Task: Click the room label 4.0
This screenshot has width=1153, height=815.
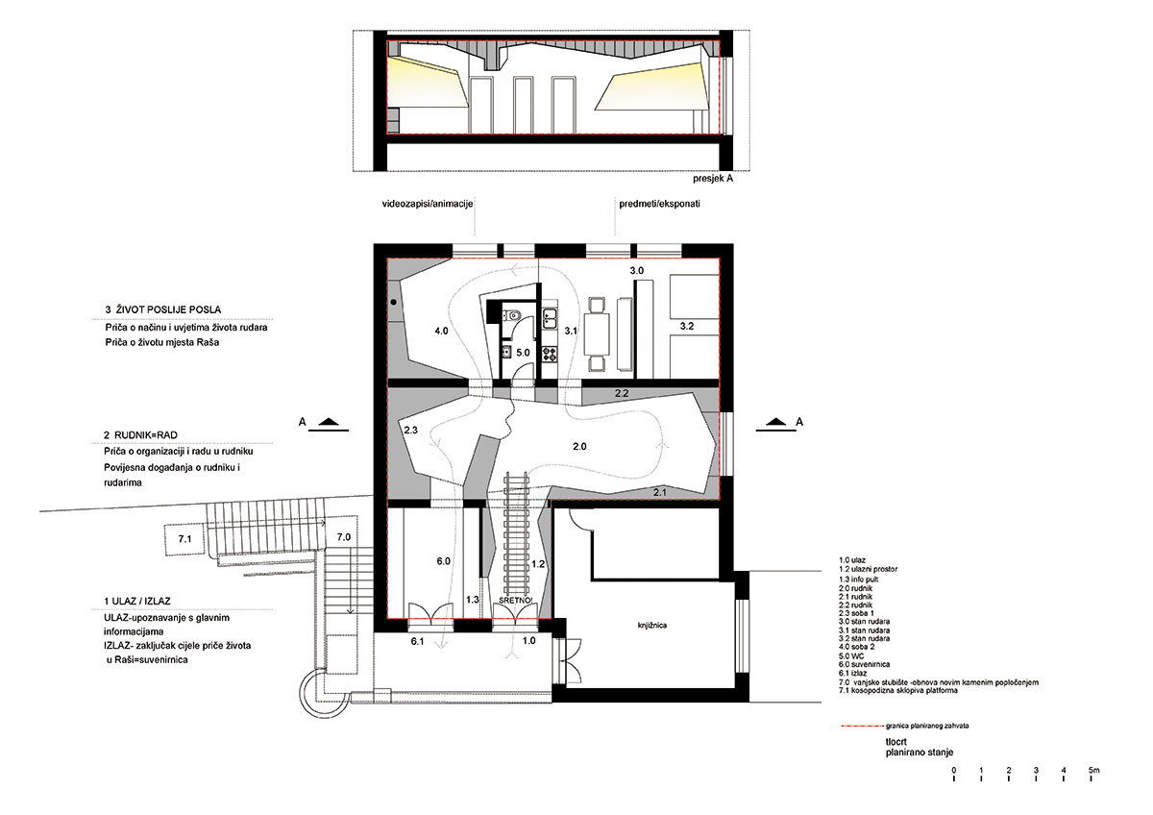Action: [441, 331]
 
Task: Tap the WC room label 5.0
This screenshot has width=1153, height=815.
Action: [523, 353]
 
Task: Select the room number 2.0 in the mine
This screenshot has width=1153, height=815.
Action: [579, 446]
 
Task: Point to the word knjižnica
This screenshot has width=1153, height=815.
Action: [652, 625]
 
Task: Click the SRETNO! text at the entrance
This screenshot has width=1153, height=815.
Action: [515, 601]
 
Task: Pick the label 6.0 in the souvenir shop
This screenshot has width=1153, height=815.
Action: [444, 561]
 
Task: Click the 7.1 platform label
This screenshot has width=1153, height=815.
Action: [184, 539]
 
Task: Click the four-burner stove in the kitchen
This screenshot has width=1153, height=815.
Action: [550, 353]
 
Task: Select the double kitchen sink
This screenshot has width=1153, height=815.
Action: [550, 318]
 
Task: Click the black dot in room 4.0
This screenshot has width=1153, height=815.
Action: [394, 303]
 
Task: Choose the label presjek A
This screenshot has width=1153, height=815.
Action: [713, 179]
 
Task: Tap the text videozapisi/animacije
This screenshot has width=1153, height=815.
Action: [428, 204]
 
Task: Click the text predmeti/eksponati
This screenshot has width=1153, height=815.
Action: [659, 204]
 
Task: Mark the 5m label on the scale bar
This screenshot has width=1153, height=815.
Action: [1093, 770]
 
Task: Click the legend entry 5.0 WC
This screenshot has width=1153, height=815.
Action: [851, 656]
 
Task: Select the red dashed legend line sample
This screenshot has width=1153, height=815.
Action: [861, 726]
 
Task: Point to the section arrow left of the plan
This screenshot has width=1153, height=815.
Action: [329, 423]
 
